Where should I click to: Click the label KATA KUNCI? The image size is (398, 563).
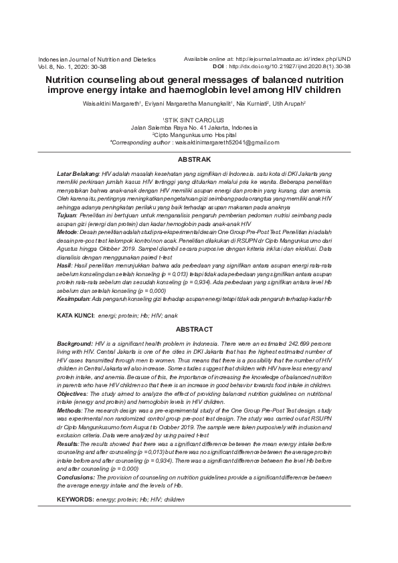point(75,314)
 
